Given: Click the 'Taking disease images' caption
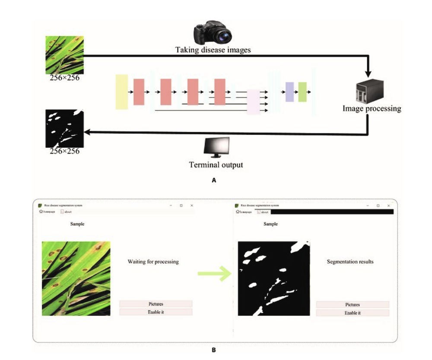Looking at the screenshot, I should pos(213,50).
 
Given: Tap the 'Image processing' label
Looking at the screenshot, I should pos(372,108).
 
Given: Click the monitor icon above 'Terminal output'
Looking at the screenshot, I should pos(216,148).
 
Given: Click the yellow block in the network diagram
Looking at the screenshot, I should pos(122,92).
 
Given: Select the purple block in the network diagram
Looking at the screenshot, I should pos(289,92).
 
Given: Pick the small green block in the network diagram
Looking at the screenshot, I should pos(302,92).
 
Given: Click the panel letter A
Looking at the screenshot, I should pos(213,182).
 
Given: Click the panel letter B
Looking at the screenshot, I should pos(213,350).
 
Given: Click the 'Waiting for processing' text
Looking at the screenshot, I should pos(153,262).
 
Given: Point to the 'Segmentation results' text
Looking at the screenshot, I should pos(350,262).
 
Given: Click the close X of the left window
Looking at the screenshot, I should pos(192,205).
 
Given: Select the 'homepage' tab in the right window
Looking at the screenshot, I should pos(244,212).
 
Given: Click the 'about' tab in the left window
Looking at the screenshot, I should pos(67,212).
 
